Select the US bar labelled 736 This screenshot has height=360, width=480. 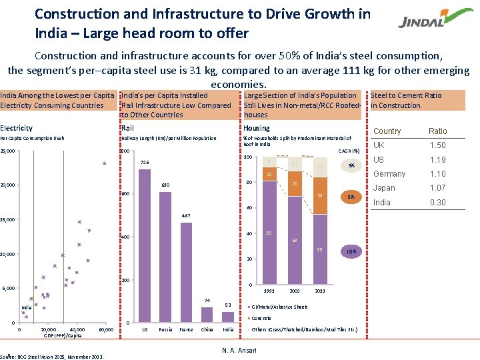pyautogui.click(x=144, y=246)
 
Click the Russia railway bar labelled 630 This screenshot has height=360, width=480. pyautogui.click(x=165, y=257)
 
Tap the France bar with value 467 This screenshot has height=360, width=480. pyautogui.click(x=186, y=273)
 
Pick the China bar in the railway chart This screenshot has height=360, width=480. pyautogui.click(x=207, y=315)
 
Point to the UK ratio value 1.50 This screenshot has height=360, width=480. pyautogui.click(x=438, y=145)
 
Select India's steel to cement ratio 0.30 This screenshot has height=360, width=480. pyautogui.click(x=438, y=203)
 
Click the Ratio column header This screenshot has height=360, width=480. pyautogui.click(x=438, y=131)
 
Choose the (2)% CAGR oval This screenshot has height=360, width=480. pyautogui.click(x=351, y=251)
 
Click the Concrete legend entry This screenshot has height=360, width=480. pyautogui.click(x=262, y=318)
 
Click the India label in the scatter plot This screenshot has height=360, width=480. pyautogui.click(x=26, y=307)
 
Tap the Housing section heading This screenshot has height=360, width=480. pyautogui.click(x=257, y=128)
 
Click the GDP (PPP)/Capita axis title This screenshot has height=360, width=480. pyautogui.click(x=63, y=336)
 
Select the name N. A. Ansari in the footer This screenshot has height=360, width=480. pyautogui.click(x=239, y=351)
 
